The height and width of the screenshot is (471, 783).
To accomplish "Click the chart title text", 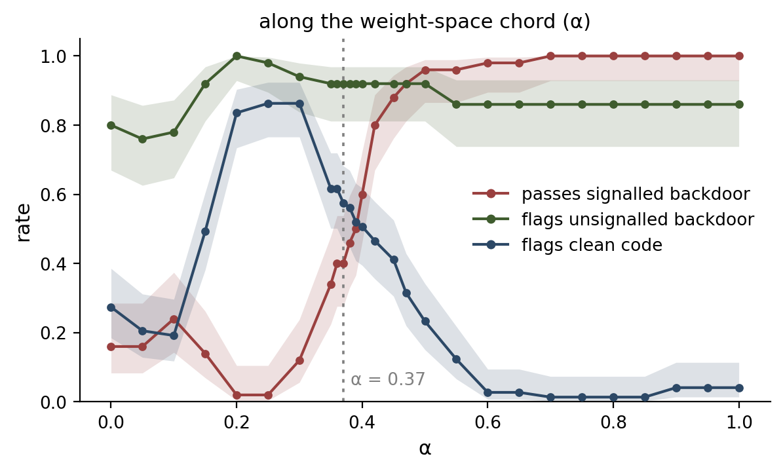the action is point(425,22).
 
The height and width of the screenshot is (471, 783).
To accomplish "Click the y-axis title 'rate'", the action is point(24,223).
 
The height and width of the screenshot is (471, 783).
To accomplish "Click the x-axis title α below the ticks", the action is point(425,448).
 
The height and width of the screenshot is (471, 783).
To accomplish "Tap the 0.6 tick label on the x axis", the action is point(487,423).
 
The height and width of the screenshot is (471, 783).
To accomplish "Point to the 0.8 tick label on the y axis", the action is point(53,125).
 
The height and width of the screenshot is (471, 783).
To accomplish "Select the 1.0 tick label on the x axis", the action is point(739,423).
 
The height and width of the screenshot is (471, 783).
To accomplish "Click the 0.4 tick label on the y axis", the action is point(53,264).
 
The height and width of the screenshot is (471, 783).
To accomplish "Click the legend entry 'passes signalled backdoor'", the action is point(636,194).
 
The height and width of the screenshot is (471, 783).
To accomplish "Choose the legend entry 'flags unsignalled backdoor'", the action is point(638,219).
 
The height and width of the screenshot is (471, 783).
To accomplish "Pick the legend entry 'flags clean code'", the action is point(592,245).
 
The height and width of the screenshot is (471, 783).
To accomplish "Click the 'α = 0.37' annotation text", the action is point(388,379).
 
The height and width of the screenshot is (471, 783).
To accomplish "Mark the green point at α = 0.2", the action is point(237,56).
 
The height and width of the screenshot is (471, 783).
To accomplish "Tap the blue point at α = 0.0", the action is point(111,308).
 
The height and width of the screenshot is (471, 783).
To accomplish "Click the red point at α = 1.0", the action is point(739,56).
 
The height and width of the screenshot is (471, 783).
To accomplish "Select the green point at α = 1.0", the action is point(739,104).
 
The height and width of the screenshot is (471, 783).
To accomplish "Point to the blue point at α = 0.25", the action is point(268,104).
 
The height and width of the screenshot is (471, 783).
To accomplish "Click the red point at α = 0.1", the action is point(174,319).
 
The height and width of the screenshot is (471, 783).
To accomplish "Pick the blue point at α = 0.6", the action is point(488,392).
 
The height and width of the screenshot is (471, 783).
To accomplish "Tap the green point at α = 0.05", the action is point(142,139).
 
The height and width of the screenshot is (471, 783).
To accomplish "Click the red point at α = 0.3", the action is point(299,360).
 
